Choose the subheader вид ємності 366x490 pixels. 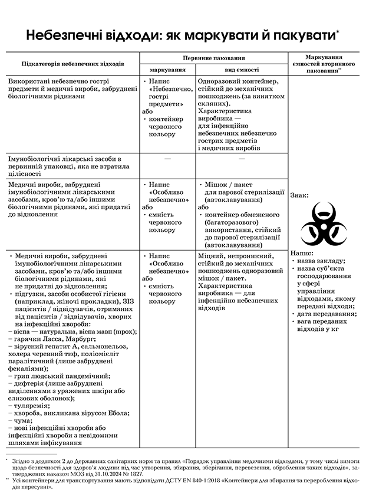pos(242,70)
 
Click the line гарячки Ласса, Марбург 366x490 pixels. pos(57,339)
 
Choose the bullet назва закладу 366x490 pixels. pos(322,260)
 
